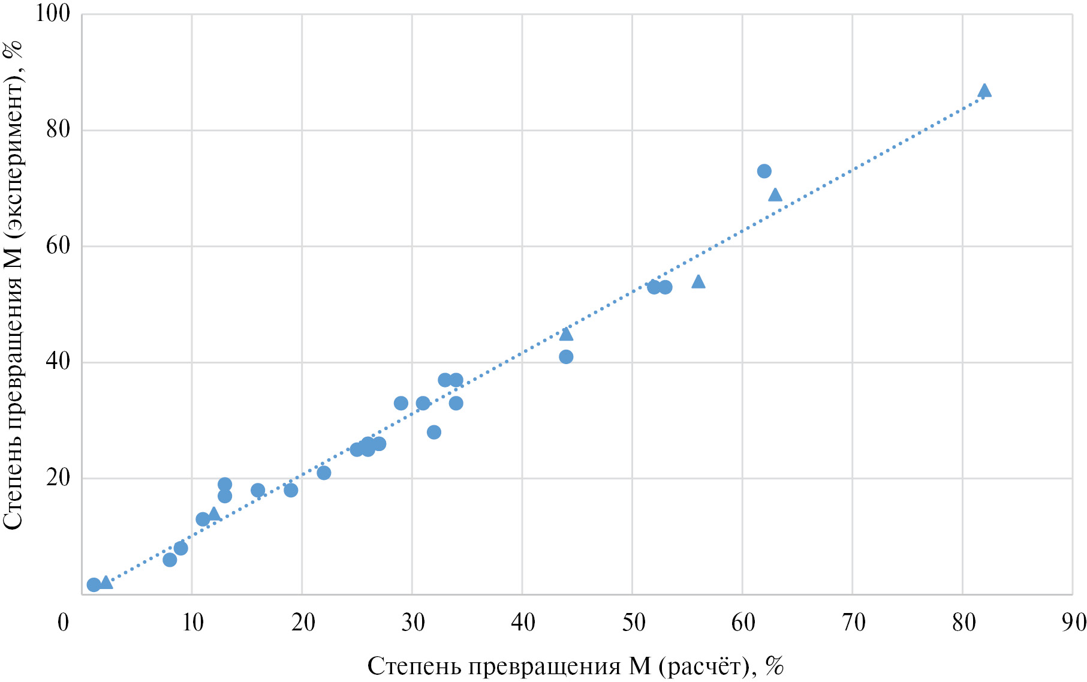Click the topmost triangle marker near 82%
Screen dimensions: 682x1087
pyautogui.click(x=984, y=91)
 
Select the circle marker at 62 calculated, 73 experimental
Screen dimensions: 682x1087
pyautogui.click(x=764, y=171)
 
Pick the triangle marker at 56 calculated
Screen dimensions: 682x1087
pyautogui.click(x=698, y=281)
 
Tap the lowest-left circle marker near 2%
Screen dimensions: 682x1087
pyautogui.click(x=94, y=585)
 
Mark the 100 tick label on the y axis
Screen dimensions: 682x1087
pyautogui.click(x=53, y=13)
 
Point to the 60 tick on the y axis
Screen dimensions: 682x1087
pyautogui.click(x=58, y=246)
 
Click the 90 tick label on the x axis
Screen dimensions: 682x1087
pyautogui.click(x=1073, y=623)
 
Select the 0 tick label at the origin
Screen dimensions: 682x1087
pyautogui.click(x=63, y=623)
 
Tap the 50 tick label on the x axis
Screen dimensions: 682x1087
pyautogui.click(x=633, y=623)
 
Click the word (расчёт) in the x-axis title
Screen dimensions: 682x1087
pyautogui.click(x=704, y=666)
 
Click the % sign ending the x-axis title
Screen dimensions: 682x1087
pyautogui.click(x=775, y=666)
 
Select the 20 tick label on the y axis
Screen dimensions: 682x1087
pyautogui.click(x=58, y=478)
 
